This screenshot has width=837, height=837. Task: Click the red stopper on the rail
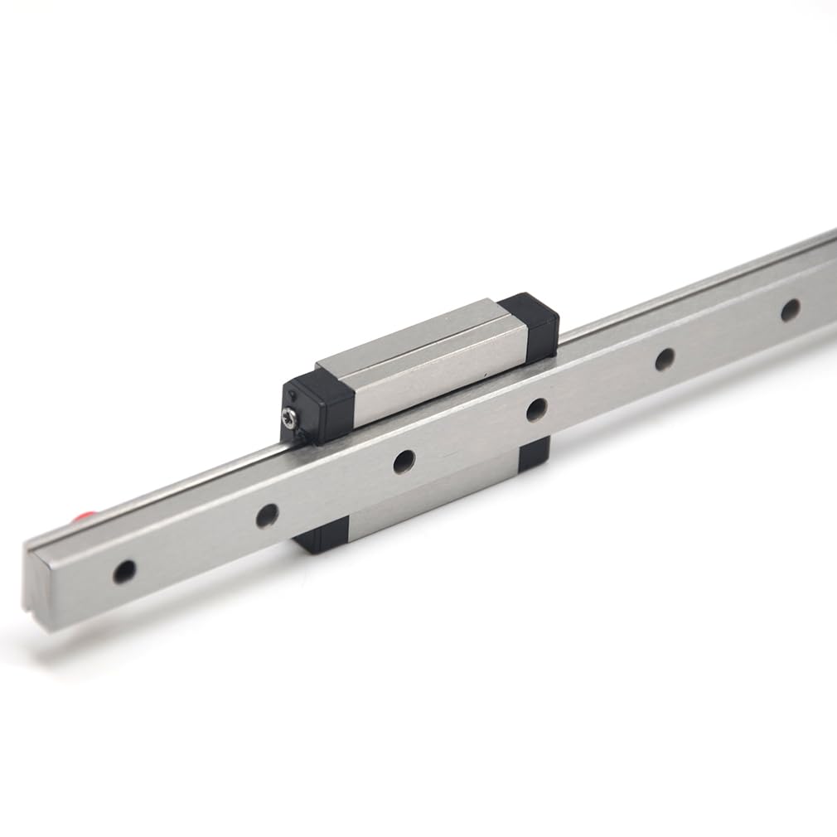(x=83, y=519)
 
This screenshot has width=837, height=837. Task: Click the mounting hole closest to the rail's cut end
(x=124, y=571)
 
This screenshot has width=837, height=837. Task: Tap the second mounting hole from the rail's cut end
(x=267, y=515)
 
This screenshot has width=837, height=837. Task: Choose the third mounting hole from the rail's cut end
(x=404, y=462)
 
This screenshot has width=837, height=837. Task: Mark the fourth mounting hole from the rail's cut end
(x=536, y=409)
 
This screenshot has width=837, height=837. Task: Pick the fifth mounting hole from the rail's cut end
(x=665, y=359)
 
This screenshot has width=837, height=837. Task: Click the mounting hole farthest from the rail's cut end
(x=790, y=309)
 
